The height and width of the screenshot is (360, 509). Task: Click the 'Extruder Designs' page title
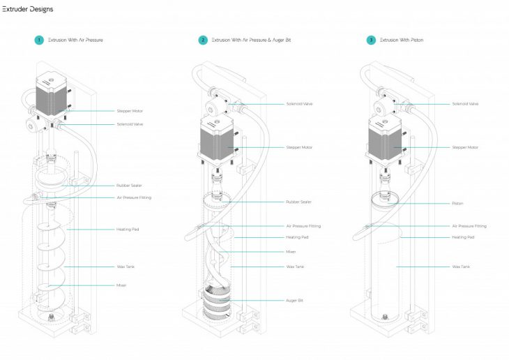click(x=28, y=9)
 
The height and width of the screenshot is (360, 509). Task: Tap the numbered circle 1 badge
click(x=39, y=40)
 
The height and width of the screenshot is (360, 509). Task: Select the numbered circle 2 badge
click(x=203, y=40)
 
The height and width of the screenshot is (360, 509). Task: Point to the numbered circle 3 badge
click(x=371, y=40)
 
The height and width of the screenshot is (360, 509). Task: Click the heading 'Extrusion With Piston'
click(x=402, y=40)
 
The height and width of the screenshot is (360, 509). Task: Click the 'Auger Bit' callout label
click(x=294, y=301)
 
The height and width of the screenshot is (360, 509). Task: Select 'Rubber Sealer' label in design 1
click(x=129, y=186)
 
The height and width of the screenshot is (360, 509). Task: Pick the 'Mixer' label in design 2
click(x=291, y=251)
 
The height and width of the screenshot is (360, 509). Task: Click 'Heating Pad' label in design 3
click(x=462, y=237)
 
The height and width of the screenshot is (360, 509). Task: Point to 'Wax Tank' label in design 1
click(x=126, y=267)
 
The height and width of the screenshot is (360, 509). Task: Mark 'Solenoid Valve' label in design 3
click(x=465, y=104)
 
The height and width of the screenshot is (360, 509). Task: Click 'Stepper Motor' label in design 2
click(x=299, y=147)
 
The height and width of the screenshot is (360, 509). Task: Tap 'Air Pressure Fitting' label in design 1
click(x=134, y=197)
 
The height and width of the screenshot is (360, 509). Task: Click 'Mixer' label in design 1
click(x=121, y=285)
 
